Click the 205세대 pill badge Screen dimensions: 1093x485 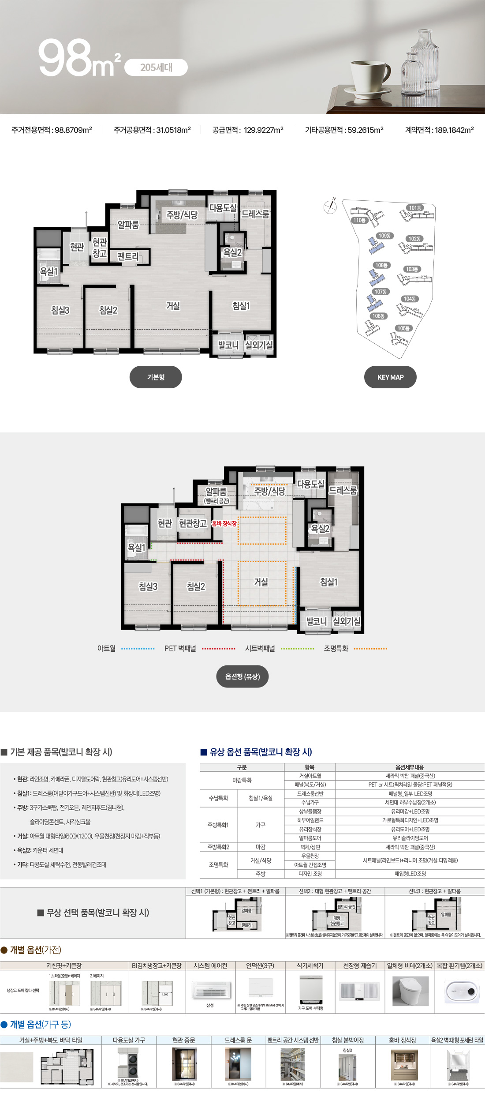coord(156,68)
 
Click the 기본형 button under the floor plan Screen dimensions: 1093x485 coord(156,377)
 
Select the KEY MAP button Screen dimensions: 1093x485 coord(390,377)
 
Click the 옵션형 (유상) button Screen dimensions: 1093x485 coord(242,676)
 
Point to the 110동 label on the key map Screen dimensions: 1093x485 coord(359,220)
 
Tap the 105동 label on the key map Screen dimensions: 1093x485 coord(403,328)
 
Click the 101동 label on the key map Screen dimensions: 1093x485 coord(415,208)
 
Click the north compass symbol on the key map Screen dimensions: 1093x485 coord(330,206)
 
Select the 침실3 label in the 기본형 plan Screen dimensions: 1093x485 coord(60,310)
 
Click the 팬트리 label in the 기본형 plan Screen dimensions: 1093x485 coord(128,256)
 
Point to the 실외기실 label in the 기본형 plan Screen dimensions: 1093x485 coord(259,345)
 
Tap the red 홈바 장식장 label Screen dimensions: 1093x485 coord(224,523)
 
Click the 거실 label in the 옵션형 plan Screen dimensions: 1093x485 coord(261,582)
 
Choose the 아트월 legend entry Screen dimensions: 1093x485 coord(107,648)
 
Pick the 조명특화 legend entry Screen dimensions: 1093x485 coord(336,648)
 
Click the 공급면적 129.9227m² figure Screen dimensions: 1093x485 coord(248,130)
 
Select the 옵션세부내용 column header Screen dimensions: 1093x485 coord(410,767)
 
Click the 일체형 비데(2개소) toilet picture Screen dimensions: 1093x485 coord(410,991)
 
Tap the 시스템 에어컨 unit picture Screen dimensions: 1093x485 coord(211,989)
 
